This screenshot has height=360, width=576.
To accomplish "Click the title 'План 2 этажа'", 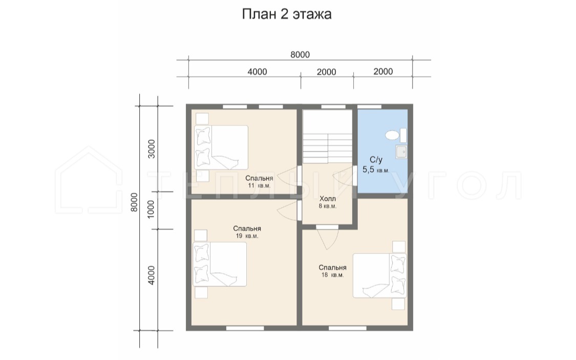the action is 287,14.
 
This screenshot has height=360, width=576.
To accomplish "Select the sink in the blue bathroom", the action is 401,152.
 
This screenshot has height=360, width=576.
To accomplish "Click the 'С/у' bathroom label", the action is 376,159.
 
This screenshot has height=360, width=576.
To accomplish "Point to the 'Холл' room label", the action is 328,199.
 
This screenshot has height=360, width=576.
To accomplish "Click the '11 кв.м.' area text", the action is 259,185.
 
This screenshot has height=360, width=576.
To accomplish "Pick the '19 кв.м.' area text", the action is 247,236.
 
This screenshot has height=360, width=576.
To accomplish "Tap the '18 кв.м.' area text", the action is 332,275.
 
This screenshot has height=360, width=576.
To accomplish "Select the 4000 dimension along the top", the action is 257,72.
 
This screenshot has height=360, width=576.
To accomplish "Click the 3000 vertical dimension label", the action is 152,149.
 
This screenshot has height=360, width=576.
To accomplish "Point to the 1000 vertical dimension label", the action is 152,209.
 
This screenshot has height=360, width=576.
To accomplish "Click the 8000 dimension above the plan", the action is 300,55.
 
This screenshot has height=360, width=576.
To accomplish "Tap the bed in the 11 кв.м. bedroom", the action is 221,147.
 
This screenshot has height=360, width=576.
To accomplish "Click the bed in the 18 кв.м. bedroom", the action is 380,276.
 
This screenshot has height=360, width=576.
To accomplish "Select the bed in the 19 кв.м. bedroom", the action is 220,264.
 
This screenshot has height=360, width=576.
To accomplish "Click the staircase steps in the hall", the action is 327,148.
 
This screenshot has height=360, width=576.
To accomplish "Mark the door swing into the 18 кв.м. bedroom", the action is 327,238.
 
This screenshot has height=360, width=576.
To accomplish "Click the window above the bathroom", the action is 369,107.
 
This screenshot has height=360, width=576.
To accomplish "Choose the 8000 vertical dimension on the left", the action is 135,202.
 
